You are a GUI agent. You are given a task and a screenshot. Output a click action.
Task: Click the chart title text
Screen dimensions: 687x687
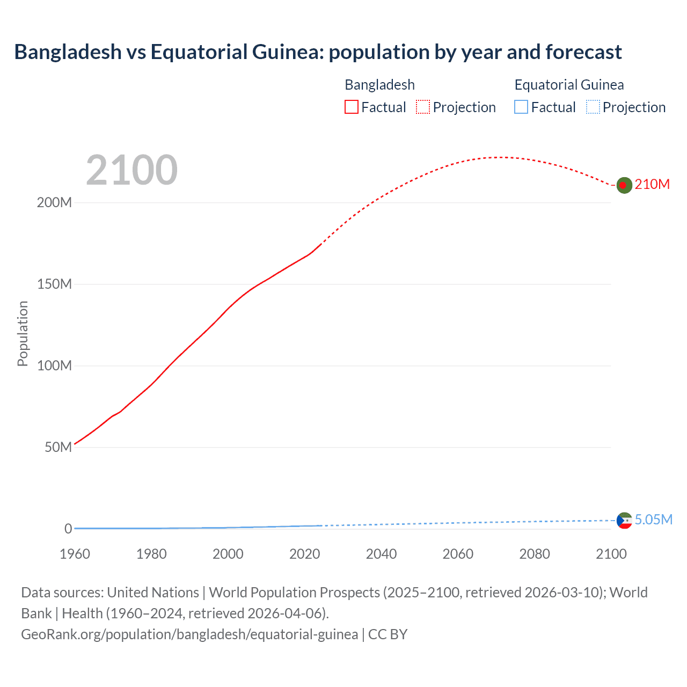[318, 52]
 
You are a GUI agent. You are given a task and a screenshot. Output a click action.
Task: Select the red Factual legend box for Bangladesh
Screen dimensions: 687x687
[351, 107]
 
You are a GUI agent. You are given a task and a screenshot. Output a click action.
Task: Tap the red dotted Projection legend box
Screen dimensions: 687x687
[423, 107]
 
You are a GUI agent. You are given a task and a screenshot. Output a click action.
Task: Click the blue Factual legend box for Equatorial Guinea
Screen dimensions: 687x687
[521, 107]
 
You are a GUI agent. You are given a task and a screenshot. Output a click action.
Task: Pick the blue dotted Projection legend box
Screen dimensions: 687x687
[593, 107]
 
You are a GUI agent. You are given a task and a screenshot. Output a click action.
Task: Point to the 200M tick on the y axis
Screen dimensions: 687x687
[54, 203]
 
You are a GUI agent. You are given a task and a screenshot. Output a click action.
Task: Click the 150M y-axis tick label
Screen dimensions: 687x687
[54, 284]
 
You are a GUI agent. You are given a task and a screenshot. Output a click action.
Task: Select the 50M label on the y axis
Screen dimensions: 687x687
[58, 448]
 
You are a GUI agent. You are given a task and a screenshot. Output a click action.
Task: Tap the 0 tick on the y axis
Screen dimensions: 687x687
[68, 529]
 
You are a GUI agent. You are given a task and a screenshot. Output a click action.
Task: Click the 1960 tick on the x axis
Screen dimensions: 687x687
[75, 554]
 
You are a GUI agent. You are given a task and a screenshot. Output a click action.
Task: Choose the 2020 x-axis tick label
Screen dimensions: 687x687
[304, 554]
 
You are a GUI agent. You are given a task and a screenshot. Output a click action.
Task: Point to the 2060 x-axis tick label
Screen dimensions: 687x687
[458, 554]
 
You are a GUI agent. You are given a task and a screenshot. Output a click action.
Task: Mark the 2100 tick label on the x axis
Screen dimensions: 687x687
[611, 554]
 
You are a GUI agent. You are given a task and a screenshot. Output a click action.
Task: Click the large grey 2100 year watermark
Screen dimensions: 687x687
[131, 170]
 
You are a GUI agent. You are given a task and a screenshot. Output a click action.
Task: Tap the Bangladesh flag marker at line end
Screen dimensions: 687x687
[624, 185]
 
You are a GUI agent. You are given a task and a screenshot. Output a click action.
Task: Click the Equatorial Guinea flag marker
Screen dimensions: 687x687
[624, 520]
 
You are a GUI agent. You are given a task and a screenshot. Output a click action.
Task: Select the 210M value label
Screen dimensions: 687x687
[652, 185]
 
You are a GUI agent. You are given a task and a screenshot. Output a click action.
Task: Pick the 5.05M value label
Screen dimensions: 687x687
[653, 520]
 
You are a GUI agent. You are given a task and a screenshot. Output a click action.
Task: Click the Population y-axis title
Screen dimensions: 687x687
[23, 333]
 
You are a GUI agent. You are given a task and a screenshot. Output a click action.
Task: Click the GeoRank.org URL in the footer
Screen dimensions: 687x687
[189, 634]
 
